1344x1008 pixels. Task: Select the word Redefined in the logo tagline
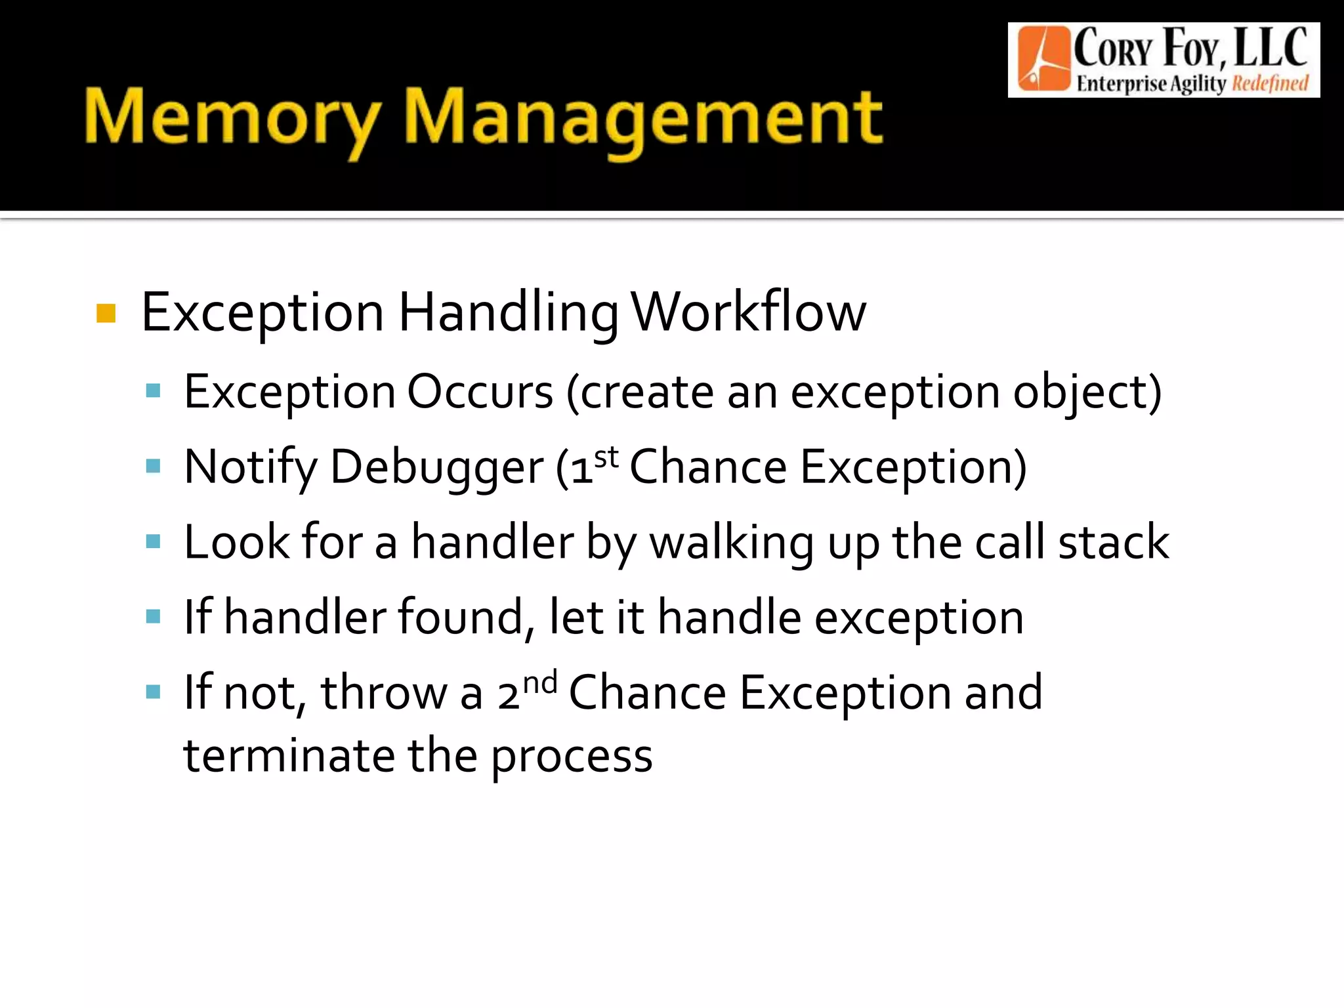[x=1270, y=84]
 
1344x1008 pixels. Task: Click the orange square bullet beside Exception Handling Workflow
[x=106, y=314]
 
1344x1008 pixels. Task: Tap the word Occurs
[x=480, y=392]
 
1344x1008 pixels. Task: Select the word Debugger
[x=436, y=467]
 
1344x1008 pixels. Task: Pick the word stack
[x=1113, y=542]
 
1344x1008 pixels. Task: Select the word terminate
[x=289, y=756]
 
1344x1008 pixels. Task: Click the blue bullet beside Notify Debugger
[x=154, y=467]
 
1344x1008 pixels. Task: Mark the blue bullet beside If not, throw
[x=154, y=692]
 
